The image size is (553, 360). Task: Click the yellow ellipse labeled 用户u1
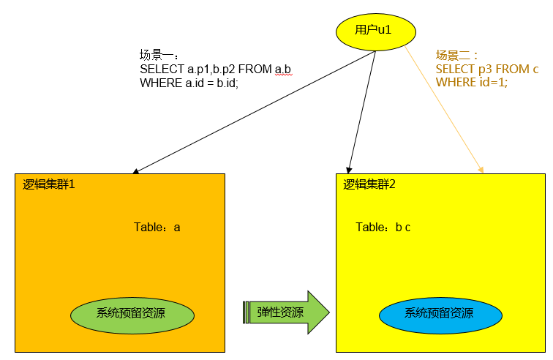pos(375,30)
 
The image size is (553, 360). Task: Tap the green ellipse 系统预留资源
pos(132,314)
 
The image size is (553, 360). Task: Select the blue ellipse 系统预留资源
pos(440,314)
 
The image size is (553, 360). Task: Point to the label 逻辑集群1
pos(49,184)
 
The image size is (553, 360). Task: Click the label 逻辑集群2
pos(369,184)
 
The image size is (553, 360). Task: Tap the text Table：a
pos(157,228)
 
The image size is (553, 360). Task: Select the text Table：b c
pos(383,228)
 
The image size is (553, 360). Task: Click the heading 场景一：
pos(159,55)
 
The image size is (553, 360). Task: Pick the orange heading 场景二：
pos(457,55)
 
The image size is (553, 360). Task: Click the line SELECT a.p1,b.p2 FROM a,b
pos(216,70)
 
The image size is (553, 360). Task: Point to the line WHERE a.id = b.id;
pos(189,83)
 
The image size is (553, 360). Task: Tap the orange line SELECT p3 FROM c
pos(486,69)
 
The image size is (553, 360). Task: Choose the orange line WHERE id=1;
pos(471,83)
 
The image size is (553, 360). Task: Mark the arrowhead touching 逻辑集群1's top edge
pos(136,171)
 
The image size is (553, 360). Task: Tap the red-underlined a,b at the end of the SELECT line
pos(283,70)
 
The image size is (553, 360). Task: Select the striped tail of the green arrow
pos(248,312)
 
